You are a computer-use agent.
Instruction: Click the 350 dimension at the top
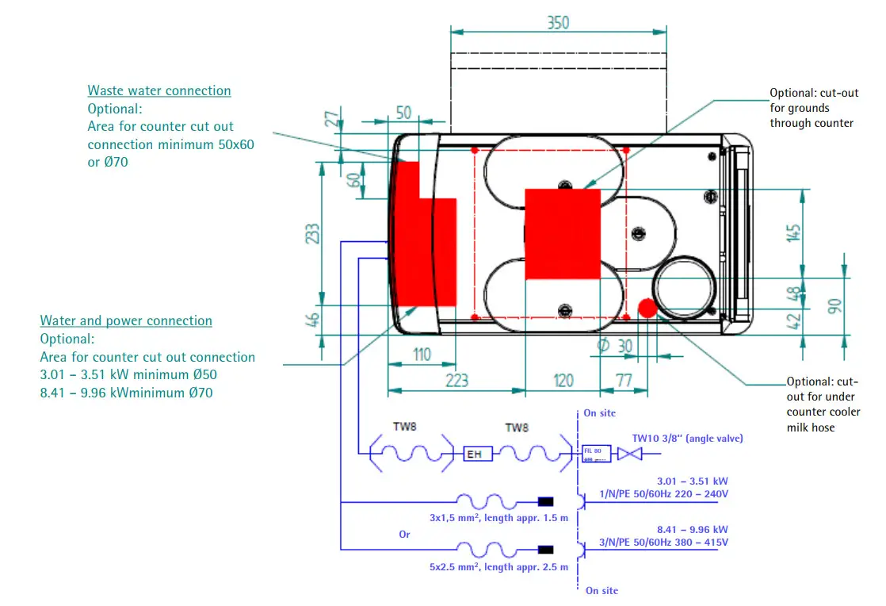coord(558,22)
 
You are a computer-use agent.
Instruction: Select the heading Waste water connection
coord(159,90)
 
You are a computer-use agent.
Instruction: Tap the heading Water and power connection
coord(126,320)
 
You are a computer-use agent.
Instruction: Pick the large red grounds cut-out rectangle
coord(563,234)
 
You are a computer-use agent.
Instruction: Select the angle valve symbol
coord(629,454)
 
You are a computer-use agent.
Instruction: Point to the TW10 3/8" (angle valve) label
coord(687,438)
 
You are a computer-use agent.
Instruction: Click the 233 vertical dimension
coord(313,233)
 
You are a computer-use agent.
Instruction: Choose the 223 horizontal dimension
coord(456,381)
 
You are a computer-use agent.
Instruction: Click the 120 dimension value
coord(563,381)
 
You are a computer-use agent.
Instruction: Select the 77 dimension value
coord(624,381)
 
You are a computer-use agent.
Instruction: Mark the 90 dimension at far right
coord(834,306)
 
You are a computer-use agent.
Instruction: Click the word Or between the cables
coord(405,535)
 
